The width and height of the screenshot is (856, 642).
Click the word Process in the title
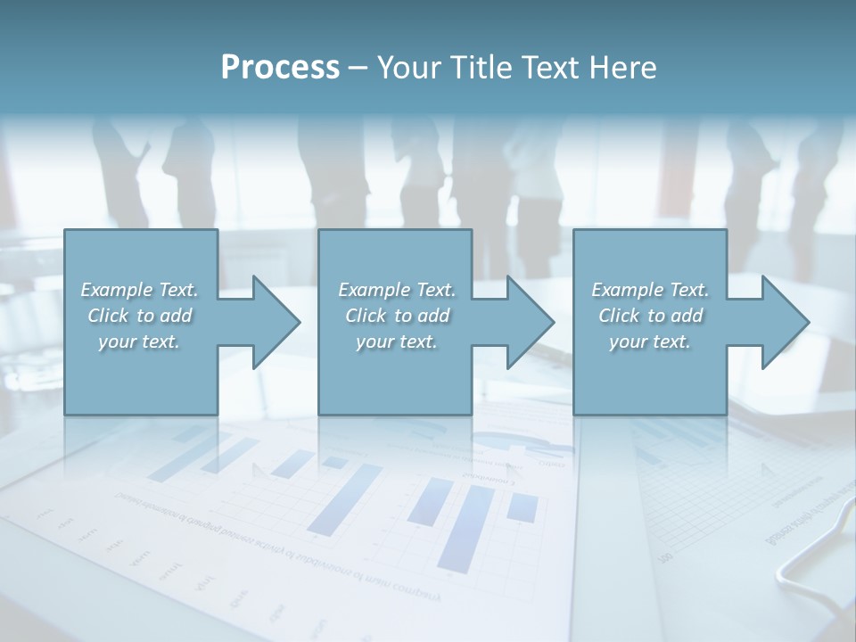pyautogui.click(x=280, y=68)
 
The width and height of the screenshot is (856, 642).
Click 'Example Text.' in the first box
pyautogui.click(x=139, y=290)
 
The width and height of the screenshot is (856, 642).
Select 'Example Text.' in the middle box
pyautogui.click(x=397, y=290)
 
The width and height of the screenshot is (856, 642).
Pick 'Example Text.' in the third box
pyautogui.click(x=650, y=290)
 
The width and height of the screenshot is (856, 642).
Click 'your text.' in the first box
pyautogui.click(x=139, y=342)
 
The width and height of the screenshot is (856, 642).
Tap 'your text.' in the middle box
pyautogui.click(x=397, y=342)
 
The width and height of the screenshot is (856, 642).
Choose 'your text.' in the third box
pyautogui.click(x=650, y=342)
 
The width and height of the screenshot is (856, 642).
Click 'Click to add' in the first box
pyautogui.click(x=139, y=316)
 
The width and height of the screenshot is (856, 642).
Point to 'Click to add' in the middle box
pyautogui.click(x=397, y=316)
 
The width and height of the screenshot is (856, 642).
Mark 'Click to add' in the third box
pyautogui.click(x=650, y=316)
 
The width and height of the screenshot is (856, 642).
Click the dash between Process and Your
pyautogui.click(x=358, y=68)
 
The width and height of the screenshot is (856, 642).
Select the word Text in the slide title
pyautogui.click(x=548, y=68)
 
